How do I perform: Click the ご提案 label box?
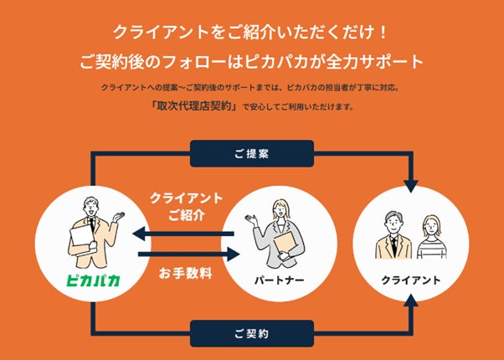252,153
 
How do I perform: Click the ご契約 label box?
252,333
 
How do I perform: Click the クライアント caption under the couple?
410,279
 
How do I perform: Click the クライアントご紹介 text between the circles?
186,206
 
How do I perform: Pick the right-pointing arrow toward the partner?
180,255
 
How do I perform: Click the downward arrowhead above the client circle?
410,183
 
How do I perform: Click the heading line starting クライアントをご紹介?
252,36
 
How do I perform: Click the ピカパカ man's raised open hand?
121,215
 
